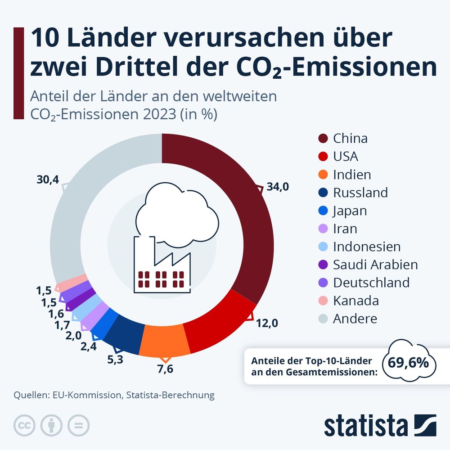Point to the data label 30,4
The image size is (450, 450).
(48, 180)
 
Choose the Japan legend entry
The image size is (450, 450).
(350, 211)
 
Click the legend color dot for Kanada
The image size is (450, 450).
(323, 301)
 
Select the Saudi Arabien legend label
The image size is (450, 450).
(375, 265)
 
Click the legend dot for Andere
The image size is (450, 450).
(323, 319)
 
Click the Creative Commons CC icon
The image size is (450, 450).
(25, 425)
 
